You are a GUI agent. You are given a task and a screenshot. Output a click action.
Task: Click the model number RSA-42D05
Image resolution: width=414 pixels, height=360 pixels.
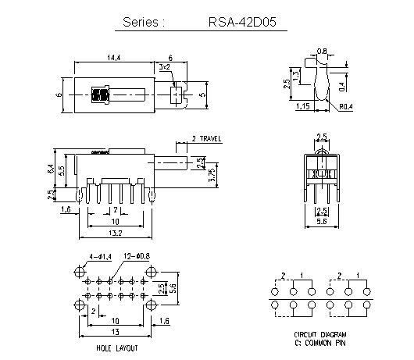[239, 23]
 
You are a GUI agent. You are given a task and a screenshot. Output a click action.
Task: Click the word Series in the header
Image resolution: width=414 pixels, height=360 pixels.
[143, 23]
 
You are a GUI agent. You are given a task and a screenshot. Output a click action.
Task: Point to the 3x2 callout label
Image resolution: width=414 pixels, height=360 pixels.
[165, 69]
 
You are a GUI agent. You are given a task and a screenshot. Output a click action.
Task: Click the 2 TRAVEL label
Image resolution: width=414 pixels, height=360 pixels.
[206, 139]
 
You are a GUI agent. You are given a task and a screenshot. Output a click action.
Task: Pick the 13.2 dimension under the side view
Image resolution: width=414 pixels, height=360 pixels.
[115, 233]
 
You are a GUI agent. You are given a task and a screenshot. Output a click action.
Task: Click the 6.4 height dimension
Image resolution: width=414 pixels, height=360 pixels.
[51, 167]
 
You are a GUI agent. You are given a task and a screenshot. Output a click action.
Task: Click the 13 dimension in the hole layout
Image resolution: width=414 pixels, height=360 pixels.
[113, 333]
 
